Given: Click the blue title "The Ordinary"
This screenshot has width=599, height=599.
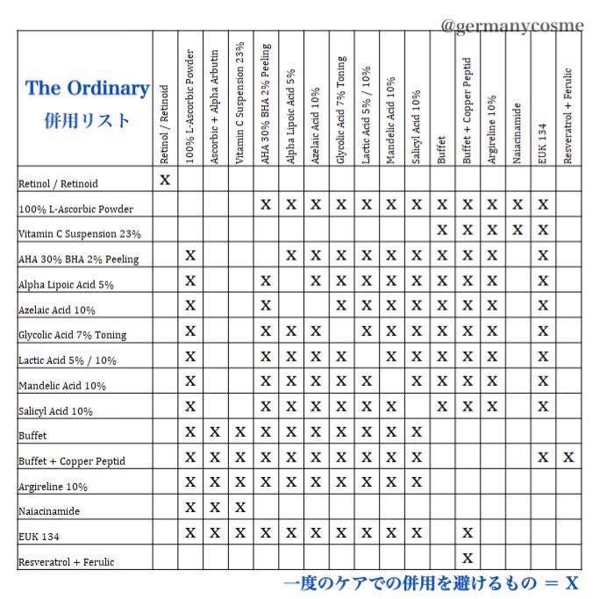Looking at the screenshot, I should (87, 89).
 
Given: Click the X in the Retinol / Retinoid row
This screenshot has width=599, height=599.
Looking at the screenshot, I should (164, 180).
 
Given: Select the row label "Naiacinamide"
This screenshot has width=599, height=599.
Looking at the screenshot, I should (51, 510).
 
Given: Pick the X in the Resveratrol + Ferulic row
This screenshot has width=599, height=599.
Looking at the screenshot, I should (467, 558).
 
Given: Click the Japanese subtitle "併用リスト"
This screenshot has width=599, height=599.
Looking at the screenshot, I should (86, 120).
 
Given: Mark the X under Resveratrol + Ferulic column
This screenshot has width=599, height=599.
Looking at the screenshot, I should (568, 457).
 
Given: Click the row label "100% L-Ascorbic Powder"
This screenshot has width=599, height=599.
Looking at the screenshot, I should (75, 209).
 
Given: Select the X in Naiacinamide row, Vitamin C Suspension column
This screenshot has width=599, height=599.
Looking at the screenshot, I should (239, 507).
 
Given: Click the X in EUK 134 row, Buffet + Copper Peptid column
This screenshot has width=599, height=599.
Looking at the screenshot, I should (467, 532).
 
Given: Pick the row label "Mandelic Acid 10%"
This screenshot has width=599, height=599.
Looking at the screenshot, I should (62, 386).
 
